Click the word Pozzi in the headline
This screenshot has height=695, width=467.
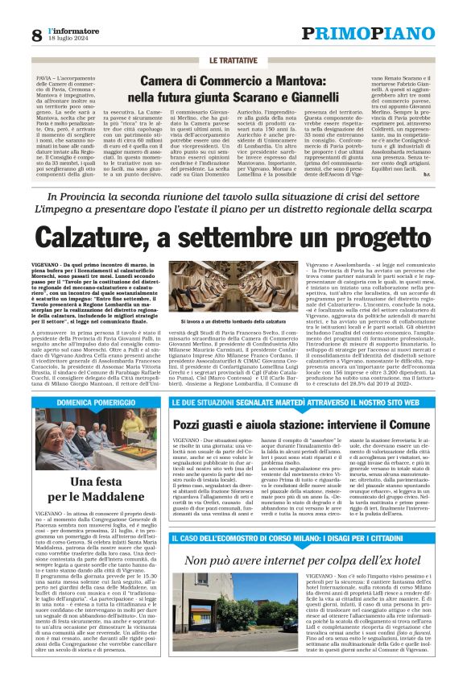coord(192,424)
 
